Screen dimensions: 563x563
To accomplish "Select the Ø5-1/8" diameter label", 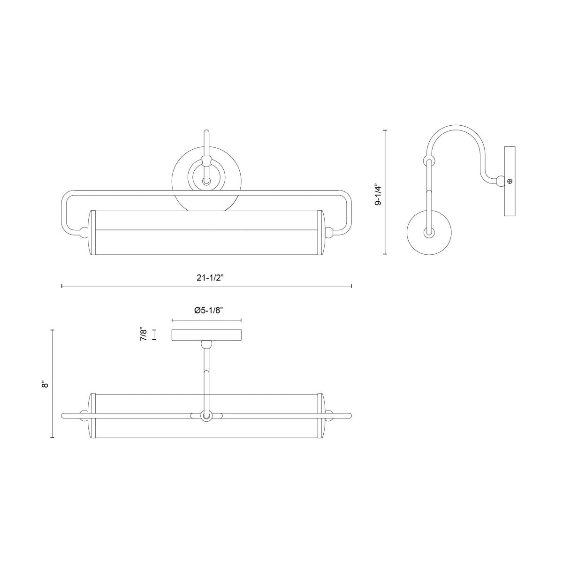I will (x=207, y=310).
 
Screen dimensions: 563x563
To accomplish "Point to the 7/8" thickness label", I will (x=145, y=335).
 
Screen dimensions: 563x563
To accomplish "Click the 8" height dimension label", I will (x=45, y=384).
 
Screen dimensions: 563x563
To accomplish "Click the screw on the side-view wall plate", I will (x=510, y=181).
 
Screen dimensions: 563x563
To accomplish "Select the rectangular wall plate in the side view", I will (x=510, y=181).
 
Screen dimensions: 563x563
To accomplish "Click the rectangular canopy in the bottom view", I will (x=206, y=335).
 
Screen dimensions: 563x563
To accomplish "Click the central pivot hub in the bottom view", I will (x=206, y=416).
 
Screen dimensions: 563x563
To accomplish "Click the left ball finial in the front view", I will (x=84, y=232).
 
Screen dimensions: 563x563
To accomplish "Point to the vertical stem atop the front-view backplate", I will (x=206, y=143).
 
